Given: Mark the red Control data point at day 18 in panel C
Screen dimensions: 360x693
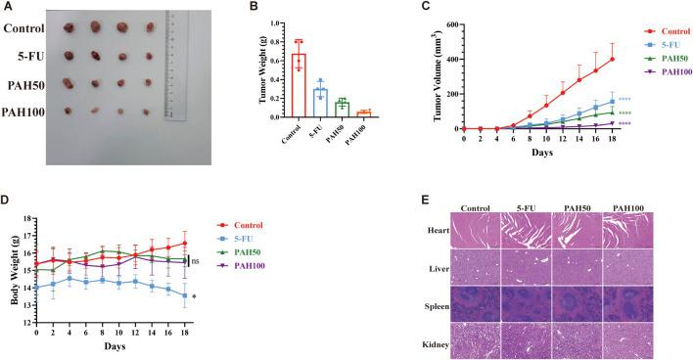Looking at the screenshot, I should click(x=584, y=59).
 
